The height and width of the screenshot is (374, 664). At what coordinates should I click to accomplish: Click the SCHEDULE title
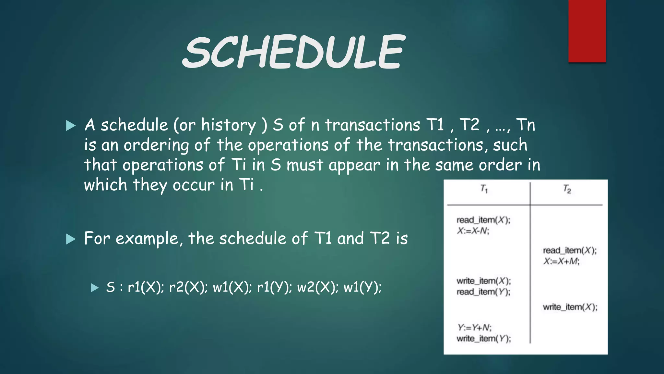[x=293, y=52]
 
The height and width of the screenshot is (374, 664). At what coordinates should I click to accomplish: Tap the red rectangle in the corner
[x=587, y=31]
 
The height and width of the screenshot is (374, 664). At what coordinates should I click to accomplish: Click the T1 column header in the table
[x=484, y=189]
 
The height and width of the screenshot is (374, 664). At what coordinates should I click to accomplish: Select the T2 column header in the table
[x=567, y=189]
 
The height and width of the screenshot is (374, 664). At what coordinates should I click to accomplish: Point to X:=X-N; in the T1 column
[x=473, y=231]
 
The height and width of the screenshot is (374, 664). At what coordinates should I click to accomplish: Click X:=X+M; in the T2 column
[x=561, y=261]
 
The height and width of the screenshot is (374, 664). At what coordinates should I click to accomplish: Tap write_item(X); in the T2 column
[x=570, y=307]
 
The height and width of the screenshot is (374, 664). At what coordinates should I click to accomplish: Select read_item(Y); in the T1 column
[x=483, y=292]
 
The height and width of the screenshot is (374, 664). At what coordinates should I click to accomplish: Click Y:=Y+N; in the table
[x=474, y=327]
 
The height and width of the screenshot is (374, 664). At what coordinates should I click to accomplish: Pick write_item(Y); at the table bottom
[x=483, y=339]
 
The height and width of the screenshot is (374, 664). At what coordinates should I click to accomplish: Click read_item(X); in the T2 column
[x=570, y=250]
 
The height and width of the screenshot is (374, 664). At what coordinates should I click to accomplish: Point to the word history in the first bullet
[x=228, y=125]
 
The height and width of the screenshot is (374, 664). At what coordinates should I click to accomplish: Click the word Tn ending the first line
[x=525, y=125]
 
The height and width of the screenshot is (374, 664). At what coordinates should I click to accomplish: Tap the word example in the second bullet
[x=147, y=239]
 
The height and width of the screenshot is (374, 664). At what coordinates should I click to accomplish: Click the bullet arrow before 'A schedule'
[x=70, y=126]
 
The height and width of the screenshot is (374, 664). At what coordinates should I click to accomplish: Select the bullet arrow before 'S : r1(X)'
[x=94, y=288]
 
